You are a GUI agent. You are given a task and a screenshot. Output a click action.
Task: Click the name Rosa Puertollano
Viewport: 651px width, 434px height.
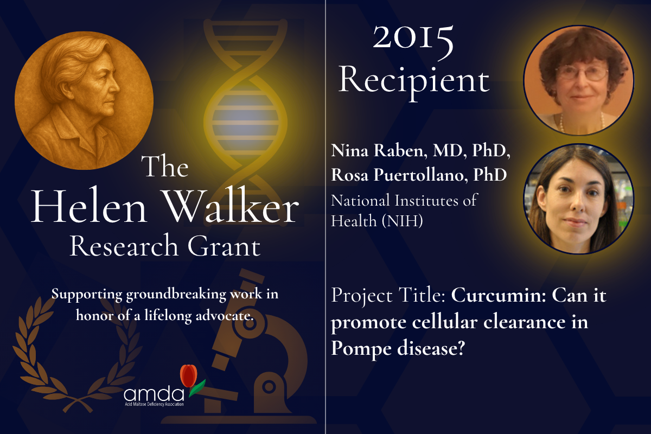coord(399,175)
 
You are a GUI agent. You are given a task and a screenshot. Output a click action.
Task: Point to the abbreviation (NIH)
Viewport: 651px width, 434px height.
coord(402,221)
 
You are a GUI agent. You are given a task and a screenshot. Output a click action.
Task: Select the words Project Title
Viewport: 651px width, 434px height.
coord(388,296)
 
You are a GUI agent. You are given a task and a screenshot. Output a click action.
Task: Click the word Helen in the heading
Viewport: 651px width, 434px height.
coord(89,207)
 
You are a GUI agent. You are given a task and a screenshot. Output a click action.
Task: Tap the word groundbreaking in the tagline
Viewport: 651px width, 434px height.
coord(176,295)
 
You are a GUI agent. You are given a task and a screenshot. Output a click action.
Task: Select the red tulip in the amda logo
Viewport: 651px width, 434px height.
coord(189,375)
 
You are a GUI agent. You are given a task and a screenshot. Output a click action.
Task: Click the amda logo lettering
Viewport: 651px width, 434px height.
coord(154,394)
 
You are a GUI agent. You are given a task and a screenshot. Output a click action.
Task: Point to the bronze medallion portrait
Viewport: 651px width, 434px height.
coord(84,100)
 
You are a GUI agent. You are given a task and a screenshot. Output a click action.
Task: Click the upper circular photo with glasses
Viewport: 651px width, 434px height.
coord(578,80)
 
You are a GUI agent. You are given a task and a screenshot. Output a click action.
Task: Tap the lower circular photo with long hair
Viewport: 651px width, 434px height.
coord(578,200)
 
